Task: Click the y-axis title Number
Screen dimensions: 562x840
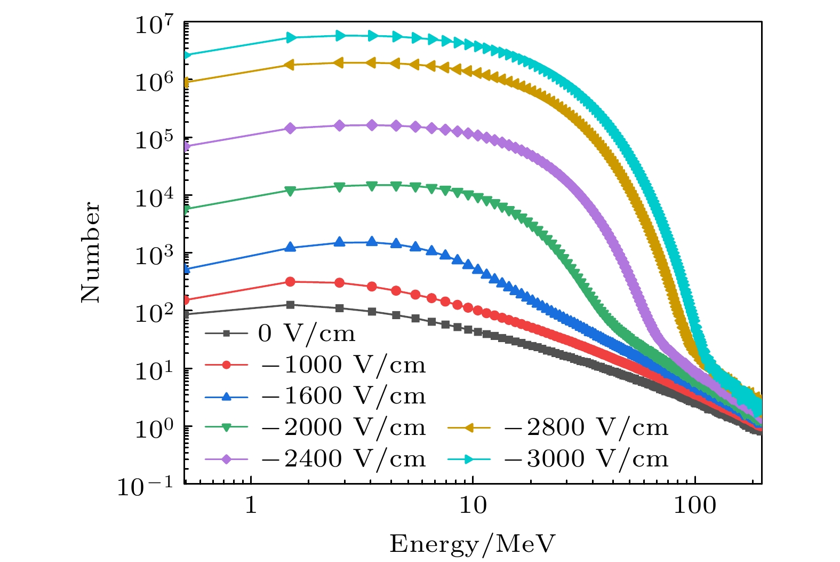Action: tap(90, 252)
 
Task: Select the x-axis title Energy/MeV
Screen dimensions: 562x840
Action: tap(473, 544)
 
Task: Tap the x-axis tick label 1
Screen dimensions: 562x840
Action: tap(251, 505)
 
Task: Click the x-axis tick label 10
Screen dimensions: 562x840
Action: tap(473, 505)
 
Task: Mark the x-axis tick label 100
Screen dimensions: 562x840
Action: tap(695, 505)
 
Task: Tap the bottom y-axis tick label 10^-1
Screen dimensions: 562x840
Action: tap(146, 486)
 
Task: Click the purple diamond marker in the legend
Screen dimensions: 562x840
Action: tap(226, 459)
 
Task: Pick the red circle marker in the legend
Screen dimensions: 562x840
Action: tap(226, 365)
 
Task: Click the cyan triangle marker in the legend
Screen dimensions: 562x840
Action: tap(469, 459)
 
